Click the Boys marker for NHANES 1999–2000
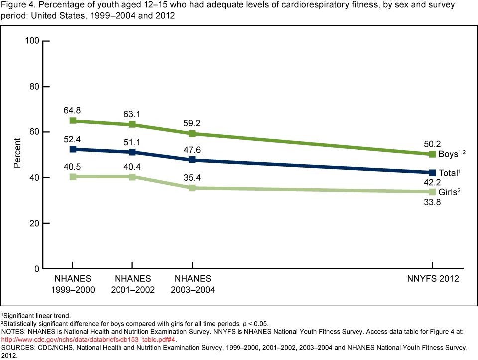pyautogui.click(x=73, y=120)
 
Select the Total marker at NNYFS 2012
pyautogui.click(x=432, y=172)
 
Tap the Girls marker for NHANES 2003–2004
pyautogui.click(x=192, y=188)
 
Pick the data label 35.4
pyautogui.click(x=192, y=176)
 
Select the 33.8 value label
pyautogui.click(x=432, y=202)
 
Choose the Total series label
pyautogui.click(x=448, y=173)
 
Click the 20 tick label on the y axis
pyautogui.click(x=34, y=223)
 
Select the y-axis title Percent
pyautogui.click(x=17, y=154)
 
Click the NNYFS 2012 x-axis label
pyautogui.click(x=432, y=279)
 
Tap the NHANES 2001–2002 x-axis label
pyautogui.click(x=133, y=284)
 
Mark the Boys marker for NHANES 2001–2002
pyautogui.click(x=132, y=124)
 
